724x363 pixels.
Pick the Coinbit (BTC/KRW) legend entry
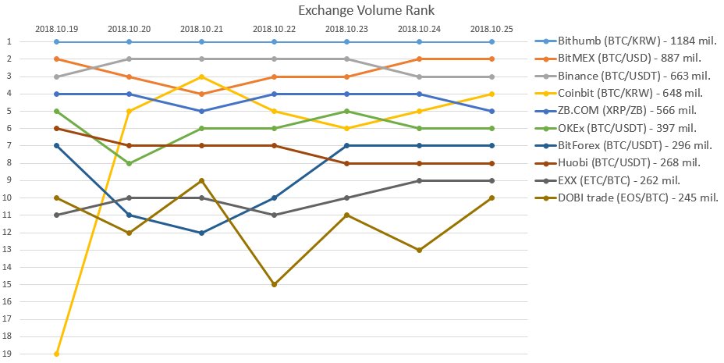[x=614, y=94]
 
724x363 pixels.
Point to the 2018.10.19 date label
[x=56, y=29]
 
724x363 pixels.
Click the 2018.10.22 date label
[x=274, y=29]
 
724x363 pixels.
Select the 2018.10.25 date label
[x=492, y=29]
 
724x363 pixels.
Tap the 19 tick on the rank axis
[x=10, y=354]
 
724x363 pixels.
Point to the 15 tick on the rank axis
[x=10, y=284]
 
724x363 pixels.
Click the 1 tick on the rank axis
[x=10, y=41]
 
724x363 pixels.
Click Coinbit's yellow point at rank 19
[x=56, y=354]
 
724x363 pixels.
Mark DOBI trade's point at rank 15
[x=274, y=284]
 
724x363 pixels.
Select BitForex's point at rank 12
[x=201, y=233]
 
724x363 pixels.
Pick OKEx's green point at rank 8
[x=129, y=163]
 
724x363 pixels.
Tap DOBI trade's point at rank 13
[x=419, y=250]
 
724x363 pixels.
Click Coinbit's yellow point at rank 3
[x=201, y=77]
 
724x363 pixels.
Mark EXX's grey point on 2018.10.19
[x=56, y=215]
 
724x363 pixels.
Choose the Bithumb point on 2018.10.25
[x=492, y=41]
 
